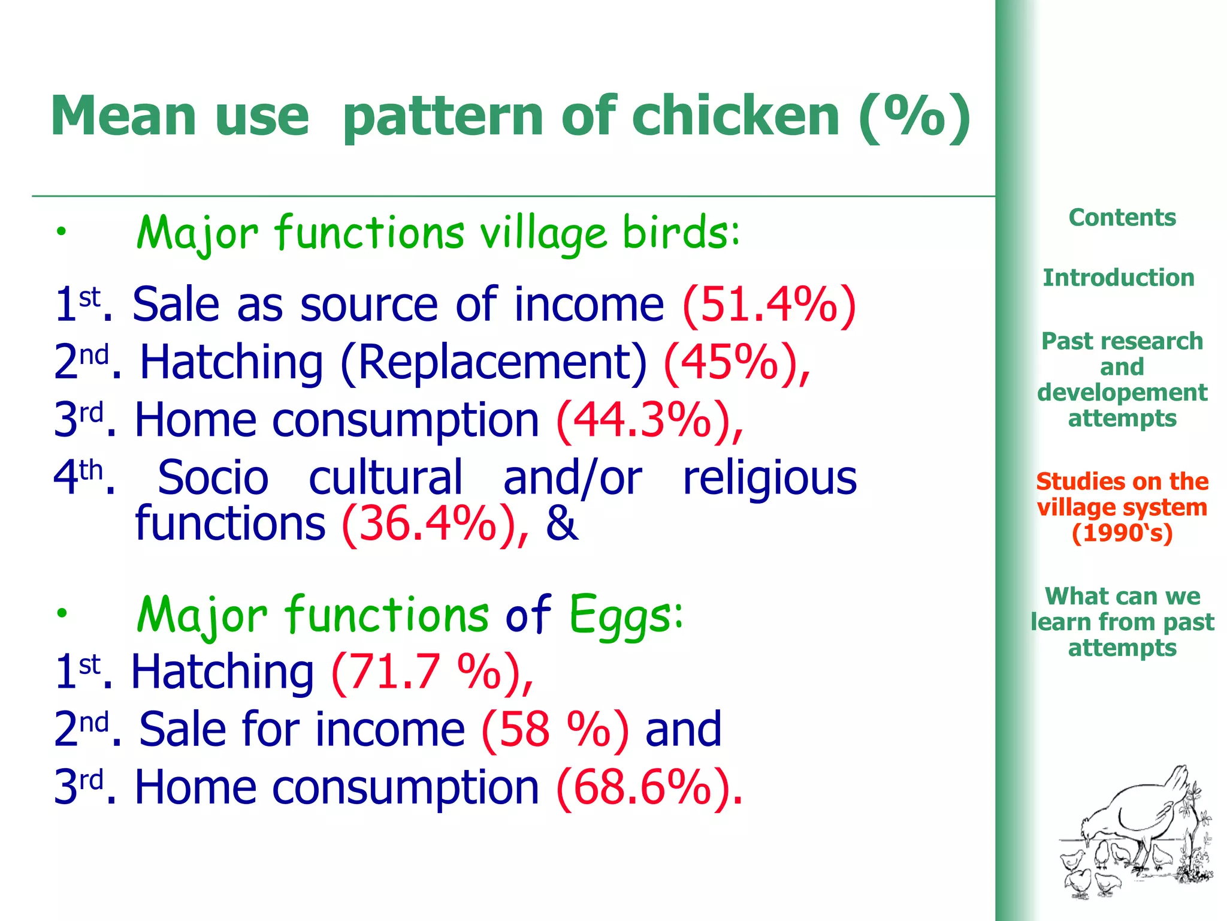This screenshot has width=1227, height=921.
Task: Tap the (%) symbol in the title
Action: (x=914, y=117)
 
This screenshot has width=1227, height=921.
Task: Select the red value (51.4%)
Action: (x=769, y=305)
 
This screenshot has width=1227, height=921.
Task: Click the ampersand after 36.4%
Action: (x=562, y=524)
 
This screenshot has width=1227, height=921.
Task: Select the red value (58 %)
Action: (x=555, y=729)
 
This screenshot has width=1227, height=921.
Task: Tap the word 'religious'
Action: (x=769, y=478)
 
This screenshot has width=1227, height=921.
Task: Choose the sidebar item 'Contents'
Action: (x=1122, y=217)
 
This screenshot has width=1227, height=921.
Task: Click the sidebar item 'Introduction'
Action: (x=1119, y=278)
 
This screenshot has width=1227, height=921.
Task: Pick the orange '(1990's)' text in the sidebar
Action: (x=1122, y=533)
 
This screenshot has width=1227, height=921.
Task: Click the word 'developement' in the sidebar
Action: (x=1122, y=392)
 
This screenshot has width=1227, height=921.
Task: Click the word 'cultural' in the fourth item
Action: (x=386, y=478)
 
